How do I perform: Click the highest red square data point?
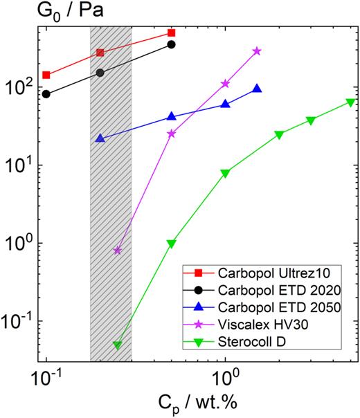pyautogui.click(x=172, y=33)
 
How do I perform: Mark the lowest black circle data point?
pyautogui.click(x=46, y=94)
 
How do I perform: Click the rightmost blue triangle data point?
pyautogui.click(x=257, y=89)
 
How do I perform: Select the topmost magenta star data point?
pyautogui.click(x=257, y=51)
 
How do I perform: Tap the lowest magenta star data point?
pyautogui.click(x=118, y=251)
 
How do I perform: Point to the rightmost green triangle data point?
pyautogui.click(x=350, y=102)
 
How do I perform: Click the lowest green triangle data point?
pyautogui.click(x=118, y=345)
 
